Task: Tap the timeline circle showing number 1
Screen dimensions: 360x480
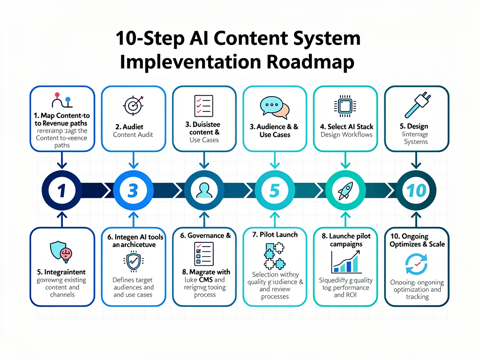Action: [x=62, y=190]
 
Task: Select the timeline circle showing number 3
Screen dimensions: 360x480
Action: [x=133, y=190]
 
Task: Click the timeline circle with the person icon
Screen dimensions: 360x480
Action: [x=203, y=190]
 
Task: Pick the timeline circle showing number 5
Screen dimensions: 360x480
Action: [x=274, y=190]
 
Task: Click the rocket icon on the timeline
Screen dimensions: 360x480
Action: [x=345, y=190]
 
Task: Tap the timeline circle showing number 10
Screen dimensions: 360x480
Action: [x=416, y=190]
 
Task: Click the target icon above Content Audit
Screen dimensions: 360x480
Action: [x=133, y=105]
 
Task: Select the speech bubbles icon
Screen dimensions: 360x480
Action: [x=274, y=107]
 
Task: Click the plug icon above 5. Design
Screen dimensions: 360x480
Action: [x=416, y=105]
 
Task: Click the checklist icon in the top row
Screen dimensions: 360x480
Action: [x=203, y=105]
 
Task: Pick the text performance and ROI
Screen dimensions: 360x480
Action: [x=346, y=295]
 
